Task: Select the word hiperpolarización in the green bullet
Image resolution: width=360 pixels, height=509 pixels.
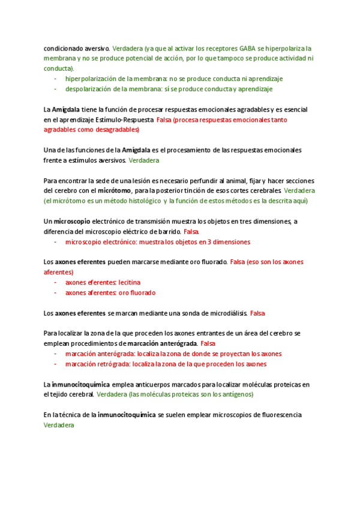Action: (89, 79)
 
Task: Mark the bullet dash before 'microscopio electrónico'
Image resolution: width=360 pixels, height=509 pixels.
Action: (56, 242)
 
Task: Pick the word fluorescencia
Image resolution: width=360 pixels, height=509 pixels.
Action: (277, 415)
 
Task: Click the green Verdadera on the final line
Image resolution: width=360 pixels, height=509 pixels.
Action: (59, 425)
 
